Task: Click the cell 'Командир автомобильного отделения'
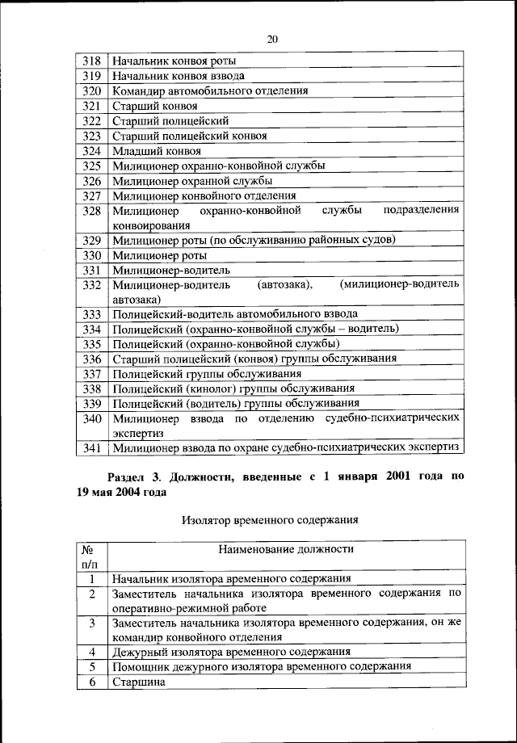(x=210, y=90)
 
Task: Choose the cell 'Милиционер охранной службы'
(x=192, y=181)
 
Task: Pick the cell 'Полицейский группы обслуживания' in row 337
(x=207, y=374)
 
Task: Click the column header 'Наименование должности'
(x=286, y=549)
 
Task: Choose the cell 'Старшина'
(x=138, y=682)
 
